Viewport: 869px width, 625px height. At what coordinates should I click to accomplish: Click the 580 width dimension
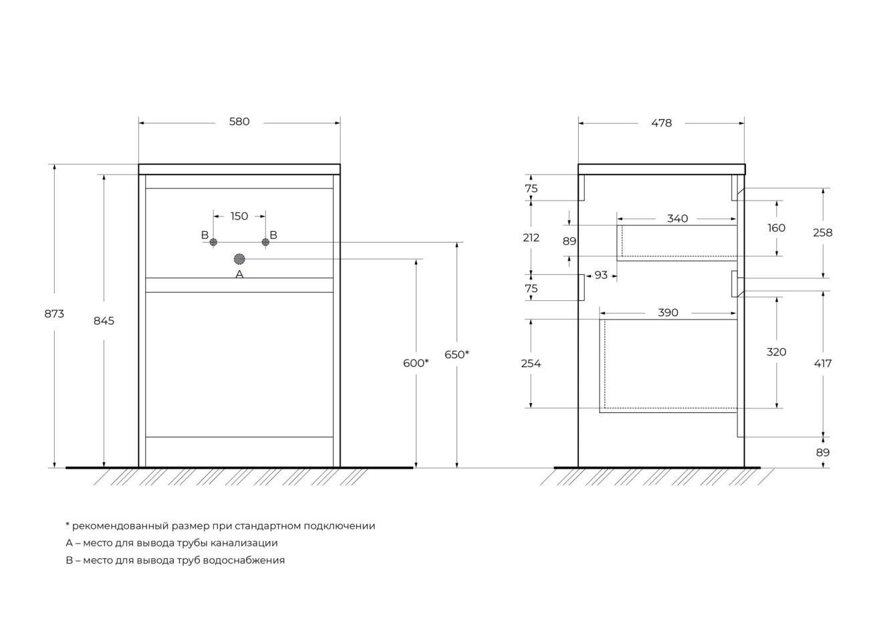pyautogui.click(x=239, y=122)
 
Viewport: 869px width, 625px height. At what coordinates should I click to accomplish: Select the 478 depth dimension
pyautogui.click(x=661, y=123)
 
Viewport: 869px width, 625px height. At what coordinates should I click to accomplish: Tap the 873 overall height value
pyautogui.click(x=54, y=314)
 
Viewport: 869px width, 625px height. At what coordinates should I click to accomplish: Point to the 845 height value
pyautogui.click(x=104, y=321)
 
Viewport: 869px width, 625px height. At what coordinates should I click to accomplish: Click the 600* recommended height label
pyautogui.click(x=416, y=363)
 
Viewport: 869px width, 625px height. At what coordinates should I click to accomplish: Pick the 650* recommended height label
pyautogui.click(x=457, y=354)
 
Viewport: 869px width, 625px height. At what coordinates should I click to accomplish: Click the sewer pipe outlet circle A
pyautogui.click(x=239, y=259)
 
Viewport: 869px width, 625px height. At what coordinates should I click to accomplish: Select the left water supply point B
pyautogui.click(x=213, y=242)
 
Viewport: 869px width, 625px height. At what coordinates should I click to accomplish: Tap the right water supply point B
pyautogui.click(x=265, y=242)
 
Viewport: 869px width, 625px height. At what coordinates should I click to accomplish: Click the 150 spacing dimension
pyautogui.click(x=239, y=216)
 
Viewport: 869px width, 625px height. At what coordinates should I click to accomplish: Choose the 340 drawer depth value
pyautogui.click(x=677, y=219)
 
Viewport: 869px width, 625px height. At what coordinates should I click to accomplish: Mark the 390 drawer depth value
pyautogui.click(x=668, y=313)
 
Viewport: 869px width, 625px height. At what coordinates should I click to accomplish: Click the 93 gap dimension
pyautogui.click(x=601, y=275)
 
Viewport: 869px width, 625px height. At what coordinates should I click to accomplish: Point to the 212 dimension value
pyautogui.click(x=531, y=237)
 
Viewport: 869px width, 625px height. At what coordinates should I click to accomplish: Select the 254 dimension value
pyautogui.click(x=531, y=364)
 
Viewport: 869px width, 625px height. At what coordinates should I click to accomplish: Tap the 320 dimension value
pyautogui.click(x=776, y=352)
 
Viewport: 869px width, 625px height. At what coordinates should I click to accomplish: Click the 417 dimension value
pyautogui.click(x=823, y=364)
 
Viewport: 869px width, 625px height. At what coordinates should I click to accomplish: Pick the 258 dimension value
pyautogui.click(x=823, y=233)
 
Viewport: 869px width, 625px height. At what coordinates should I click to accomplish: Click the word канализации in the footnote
pyautogui.click(x=244, y=543)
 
